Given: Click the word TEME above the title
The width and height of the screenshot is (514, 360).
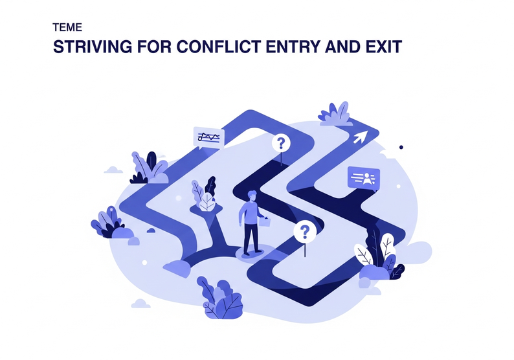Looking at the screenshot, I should click(66, 29).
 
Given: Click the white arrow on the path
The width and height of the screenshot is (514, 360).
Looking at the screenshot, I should click(359, 137).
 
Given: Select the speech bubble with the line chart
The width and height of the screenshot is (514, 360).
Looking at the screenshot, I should click(208, 137).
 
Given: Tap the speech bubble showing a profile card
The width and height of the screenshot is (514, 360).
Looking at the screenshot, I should click(363, 177).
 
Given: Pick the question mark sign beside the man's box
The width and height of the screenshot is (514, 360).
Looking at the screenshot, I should click(304, 231).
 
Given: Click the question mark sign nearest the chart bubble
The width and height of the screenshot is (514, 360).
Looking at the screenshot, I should click(282, 143).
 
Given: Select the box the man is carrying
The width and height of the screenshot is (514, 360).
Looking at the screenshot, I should click(265, 222).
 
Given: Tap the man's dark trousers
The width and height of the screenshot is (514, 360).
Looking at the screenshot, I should click(252, 238).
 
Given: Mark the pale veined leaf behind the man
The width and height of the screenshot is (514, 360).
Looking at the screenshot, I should click(207, 202).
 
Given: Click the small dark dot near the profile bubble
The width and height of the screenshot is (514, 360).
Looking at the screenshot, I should click(401, 147).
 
